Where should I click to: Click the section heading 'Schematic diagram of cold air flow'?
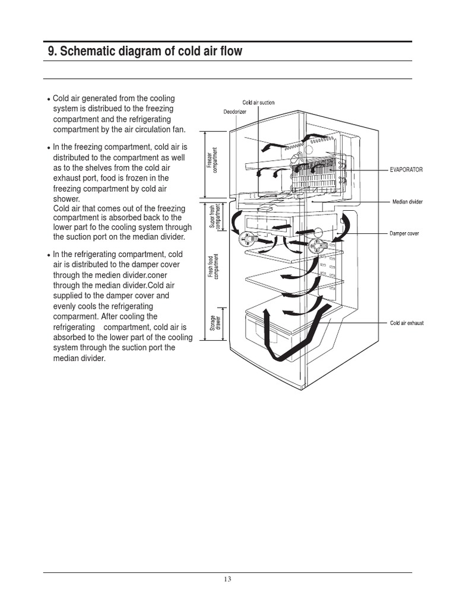145,52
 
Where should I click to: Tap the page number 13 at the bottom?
228,580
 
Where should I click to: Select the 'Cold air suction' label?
258,103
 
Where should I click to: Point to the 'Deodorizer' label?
235,112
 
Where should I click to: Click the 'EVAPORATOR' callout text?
406,170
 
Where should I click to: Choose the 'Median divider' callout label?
407,202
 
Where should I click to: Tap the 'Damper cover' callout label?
404,233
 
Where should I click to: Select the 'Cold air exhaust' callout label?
407,323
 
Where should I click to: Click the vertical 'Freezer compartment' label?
212,161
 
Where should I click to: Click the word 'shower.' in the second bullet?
66,199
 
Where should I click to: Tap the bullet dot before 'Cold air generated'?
48,99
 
